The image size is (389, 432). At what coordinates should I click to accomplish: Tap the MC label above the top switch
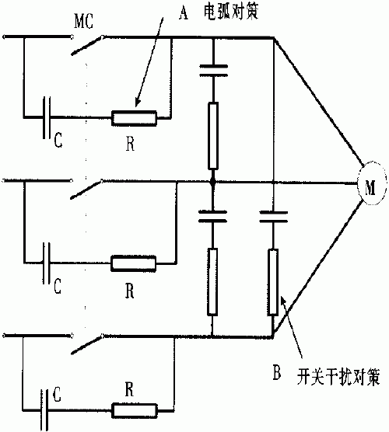click(x=84, y=21)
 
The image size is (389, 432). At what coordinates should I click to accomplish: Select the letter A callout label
click(x=184, y=13)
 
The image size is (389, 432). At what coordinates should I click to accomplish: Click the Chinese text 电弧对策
click(x=231, y=12)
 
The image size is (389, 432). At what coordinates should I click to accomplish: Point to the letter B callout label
click(x=277, y=372)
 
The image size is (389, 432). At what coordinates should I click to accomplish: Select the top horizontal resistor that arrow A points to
click(x=134, y=118)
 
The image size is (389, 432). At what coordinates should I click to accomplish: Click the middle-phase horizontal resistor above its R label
click(x=134, y=263)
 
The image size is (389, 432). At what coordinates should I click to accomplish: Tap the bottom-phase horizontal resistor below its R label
click(x=135, y=411)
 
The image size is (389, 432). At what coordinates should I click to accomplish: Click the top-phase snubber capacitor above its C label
click(x=47, y=117)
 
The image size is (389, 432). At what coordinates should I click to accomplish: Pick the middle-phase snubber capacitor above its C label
click(x=47, y=263)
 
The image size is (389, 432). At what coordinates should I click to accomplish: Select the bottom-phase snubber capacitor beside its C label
click(x=44, y=410)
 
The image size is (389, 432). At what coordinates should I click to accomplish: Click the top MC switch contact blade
click(x=87, y=46)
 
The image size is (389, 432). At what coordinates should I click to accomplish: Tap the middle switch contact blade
click(x=86, y=190)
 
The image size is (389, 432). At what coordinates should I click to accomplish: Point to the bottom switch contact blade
click(x=87, y=344)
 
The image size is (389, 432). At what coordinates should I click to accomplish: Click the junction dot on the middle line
click(x=212, y=182)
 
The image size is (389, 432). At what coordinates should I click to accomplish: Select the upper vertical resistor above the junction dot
click(x=213, y=135)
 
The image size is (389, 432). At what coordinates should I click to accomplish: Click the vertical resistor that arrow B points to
click(x=273, y=281)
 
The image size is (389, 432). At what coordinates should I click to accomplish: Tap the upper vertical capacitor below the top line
click(x=213, y=71)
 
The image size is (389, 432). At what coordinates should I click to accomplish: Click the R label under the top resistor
click(x=130, y=144)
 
